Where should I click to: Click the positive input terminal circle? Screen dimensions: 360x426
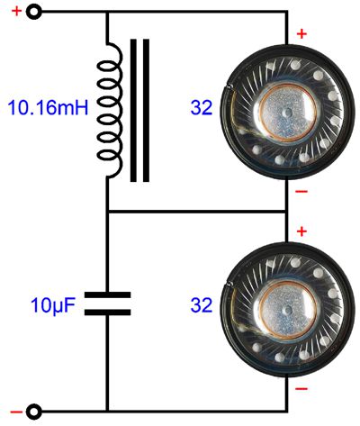point(33,12)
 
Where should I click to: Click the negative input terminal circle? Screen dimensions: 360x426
point(33,412)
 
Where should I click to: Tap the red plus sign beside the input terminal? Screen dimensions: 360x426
point(16,12)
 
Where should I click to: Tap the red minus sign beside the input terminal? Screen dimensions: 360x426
point(16,412)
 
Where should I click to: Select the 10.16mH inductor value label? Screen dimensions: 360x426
point(48,107)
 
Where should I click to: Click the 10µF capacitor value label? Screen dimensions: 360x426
point(52,305)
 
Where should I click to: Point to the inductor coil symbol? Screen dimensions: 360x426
point(110,111)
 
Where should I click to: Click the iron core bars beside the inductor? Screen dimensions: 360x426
point(139,111)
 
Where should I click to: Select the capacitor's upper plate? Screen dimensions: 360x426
point(107,295)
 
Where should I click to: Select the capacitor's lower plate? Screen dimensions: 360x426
point(107,313)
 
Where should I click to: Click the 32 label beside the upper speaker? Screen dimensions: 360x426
point(202,107)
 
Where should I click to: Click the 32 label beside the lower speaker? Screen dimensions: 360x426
point(202,305)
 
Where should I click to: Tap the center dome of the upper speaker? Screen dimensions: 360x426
point(288,113)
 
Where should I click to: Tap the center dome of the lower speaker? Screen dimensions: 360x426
point(288,310)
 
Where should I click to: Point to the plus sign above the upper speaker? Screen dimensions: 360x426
point(301,34)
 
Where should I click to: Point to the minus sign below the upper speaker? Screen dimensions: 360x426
point(301,191)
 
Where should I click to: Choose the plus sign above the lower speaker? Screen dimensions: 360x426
point(301,231)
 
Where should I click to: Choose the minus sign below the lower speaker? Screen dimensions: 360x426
point(301,389)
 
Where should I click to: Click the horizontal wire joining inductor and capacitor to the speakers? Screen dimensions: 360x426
point(197,212)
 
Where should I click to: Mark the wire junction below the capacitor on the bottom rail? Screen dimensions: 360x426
point(107,412)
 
